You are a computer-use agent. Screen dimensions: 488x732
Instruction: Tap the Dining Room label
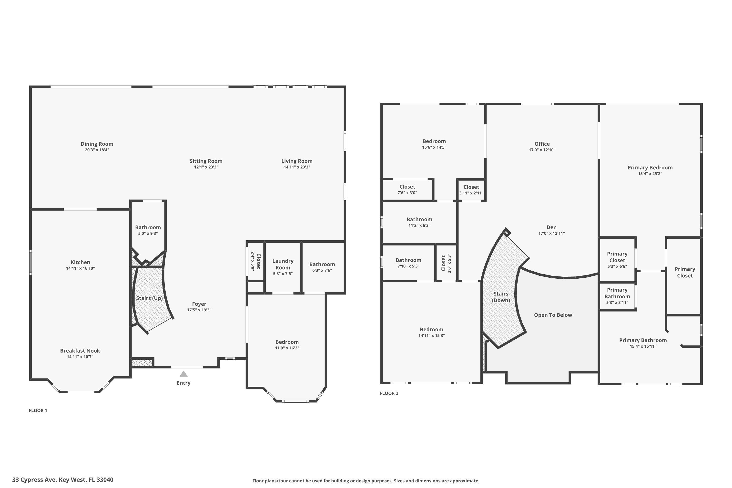(97, 144)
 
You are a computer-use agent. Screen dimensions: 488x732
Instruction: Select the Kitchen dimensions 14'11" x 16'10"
(80, 268)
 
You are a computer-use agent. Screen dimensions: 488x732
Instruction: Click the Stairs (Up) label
(149, 298)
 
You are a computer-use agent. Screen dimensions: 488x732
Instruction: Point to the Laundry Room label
(283, 264)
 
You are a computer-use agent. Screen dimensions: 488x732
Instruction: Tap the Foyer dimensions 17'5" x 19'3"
(199, 310)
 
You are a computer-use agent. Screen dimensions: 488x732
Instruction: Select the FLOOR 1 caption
(38, 410)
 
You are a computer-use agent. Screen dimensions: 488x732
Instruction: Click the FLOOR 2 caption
(389, 393)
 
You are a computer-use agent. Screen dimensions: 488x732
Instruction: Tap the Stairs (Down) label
(500, 297)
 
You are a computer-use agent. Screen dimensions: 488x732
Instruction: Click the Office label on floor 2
(542, 144)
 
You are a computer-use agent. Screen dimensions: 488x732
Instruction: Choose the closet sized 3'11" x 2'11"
(471, 190)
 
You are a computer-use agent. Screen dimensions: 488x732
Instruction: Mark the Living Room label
(297, 161)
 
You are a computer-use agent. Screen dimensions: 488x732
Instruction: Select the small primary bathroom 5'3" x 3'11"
(617, 296)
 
